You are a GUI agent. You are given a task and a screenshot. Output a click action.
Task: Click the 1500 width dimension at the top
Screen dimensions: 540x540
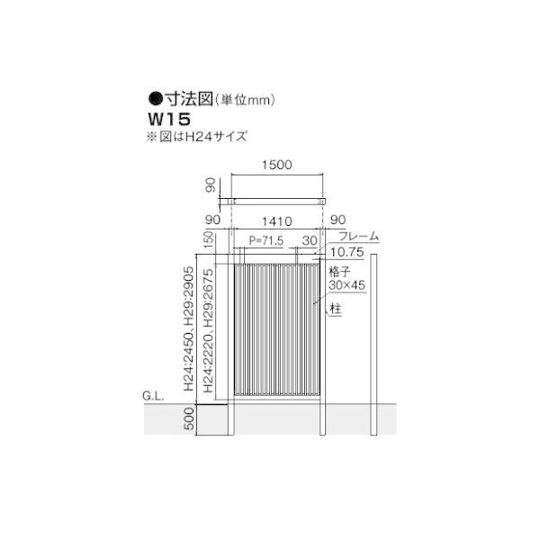tap(277, 165)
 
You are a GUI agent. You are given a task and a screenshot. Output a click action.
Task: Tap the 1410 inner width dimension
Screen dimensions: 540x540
tap(277, 221)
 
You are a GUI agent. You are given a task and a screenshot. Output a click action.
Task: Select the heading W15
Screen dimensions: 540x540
tap(169, 119)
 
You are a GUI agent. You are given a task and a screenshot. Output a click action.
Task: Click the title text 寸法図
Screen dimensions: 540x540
tap(188, 99)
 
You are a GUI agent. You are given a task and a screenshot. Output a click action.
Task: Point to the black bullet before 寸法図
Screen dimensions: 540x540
tap(156, 99)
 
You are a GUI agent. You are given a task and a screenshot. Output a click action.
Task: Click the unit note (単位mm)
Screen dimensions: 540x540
tap(245, 100)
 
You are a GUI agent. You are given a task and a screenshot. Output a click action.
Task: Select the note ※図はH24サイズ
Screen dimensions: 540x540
tap(197, 137)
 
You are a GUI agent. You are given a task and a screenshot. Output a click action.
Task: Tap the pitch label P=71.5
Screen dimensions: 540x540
tap(265, 240)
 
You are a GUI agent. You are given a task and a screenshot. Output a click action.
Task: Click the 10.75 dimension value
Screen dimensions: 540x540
tap(347, 252)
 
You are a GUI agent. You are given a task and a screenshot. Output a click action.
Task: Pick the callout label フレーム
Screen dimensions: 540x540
tap(358, 236)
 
